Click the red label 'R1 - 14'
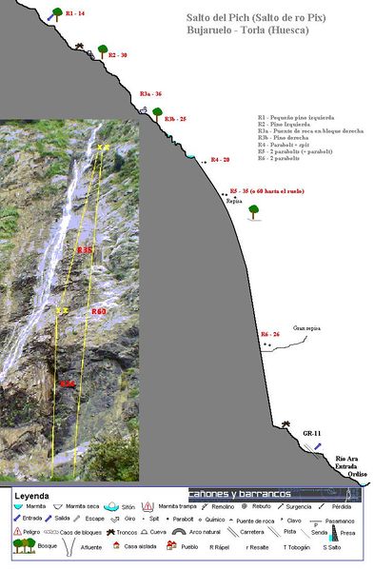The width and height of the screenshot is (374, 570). pyautogui.click(x=75, y=13)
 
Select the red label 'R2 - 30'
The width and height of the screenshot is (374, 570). pyautogui.click(x=118, y=55)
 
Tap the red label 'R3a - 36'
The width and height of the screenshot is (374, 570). pyautogui.click(x=150, y=93)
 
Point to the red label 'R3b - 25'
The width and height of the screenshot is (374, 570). pyautogui.click(x=175, y=119)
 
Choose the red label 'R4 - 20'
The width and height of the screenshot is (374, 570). pyautogui.click(x=220, y=159)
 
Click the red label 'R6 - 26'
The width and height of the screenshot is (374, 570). pyautogui.click(x=271, y=334)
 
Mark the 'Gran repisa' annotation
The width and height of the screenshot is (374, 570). pyautogui.click(x=306, y=328)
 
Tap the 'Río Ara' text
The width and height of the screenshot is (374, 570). pyautogui.click(x=345, y=460)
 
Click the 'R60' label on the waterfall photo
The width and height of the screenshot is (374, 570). pyautogui.click(x=99, y=311)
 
